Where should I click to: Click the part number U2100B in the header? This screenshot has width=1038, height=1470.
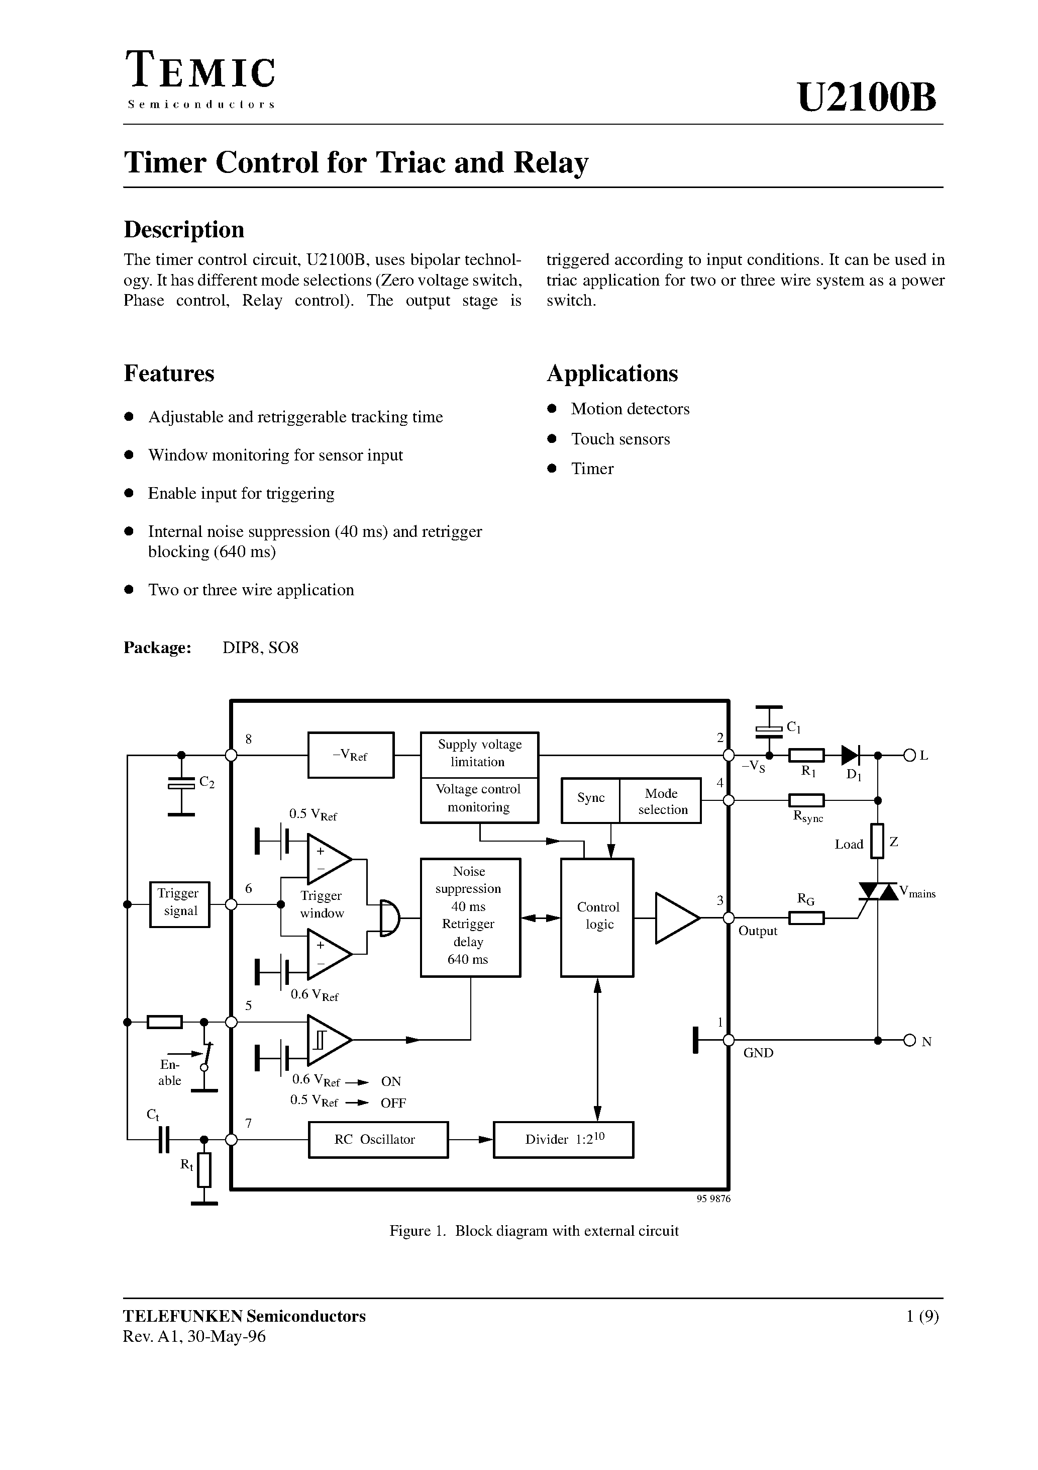click(x=867, y=98)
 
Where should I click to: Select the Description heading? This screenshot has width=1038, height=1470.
click(x=184, y=229)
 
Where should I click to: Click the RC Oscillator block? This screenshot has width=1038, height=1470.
click(x=378, y=1140)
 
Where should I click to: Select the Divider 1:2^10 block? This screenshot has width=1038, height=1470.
click(x=563, y=1140)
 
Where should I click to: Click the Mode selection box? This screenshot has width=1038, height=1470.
click(x=660, y=800)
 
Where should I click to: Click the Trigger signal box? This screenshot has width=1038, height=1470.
click(x=179, y=904)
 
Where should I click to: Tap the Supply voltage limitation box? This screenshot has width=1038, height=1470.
click(x=479, y=753)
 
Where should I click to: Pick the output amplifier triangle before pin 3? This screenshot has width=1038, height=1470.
click(x=675, y=918)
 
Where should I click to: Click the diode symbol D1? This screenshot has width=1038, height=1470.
click(x=850, y=756)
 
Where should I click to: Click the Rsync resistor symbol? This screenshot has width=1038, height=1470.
click(x=806, y=800)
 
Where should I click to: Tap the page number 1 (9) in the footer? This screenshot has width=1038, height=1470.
click(x=921, y=1316)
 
